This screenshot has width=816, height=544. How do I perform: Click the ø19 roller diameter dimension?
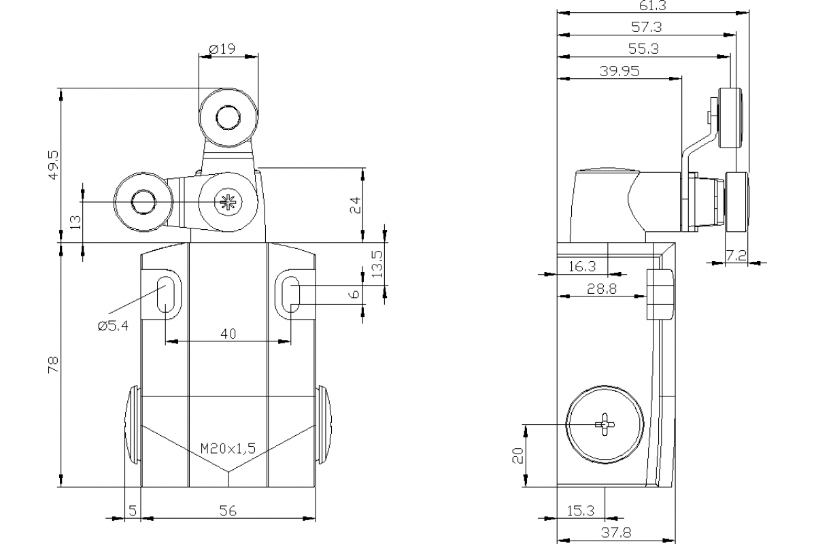pos(223,48)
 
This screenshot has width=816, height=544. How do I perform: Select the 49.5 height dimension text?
pos(54,164)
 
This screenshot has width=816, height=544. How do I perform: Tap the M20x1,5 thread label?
pos(228,448)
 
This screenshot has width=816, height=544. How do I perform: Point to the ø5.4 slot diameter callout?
pos(113,326)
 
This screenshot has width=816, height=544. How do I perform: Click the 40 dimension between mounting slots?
pos(228,333)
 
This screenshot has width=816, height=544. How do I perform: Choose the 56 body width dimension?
pos(228,511)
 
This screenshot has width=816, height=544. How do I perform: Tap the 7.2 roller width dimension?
pos(736,256)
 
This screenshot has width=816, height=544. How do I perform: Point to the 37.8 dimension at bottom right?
pos(616,532)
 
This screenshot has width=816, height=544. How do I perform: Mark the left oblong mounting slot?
pos(165,294)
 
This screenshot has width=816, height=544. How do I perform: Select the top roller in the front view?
pos(228,120)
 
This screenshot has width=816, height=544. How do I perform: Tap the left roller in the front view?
pos(143,201)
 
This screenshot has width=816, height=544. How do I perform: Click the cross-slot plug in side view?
pos(605,425)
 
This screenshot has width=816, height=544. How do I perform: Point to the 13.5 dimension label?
pos(376,263)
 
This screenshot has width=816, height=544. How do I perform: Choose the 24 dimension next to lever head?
pos(354,205)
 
